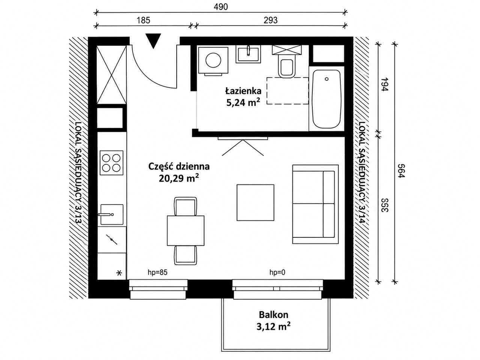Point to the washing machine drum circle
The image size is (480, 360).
tap(213, 60)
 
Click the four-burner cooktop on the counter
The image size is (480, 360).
tap(111, 163)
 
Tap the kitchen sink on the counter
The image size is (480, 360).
tap(111, 214)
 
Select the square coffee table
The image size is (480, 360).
tap(255, 202)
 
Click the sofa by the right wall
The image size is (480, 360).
tap(315, 204)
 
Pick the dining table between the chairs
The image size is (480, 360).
tap(186, 230)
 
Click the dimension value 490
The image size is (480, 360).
tap(220, 7)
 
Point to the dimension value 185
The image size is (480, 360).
tap(144, 20)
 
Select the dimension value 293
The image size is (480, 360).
tap(270, 20)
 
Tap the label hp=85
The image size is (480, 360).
tap(157, 272)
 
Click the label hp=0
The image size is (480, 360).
tap(277, 272)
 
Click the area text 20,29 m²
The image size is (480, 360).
tap(178, 178)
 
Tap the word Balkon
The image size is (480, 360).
tap(274, 315)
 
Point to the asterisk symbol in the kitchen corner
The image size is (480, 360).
tap(119, 273)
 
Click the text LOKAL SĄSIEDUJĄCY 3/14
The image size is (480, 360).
tap(362, 172)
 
